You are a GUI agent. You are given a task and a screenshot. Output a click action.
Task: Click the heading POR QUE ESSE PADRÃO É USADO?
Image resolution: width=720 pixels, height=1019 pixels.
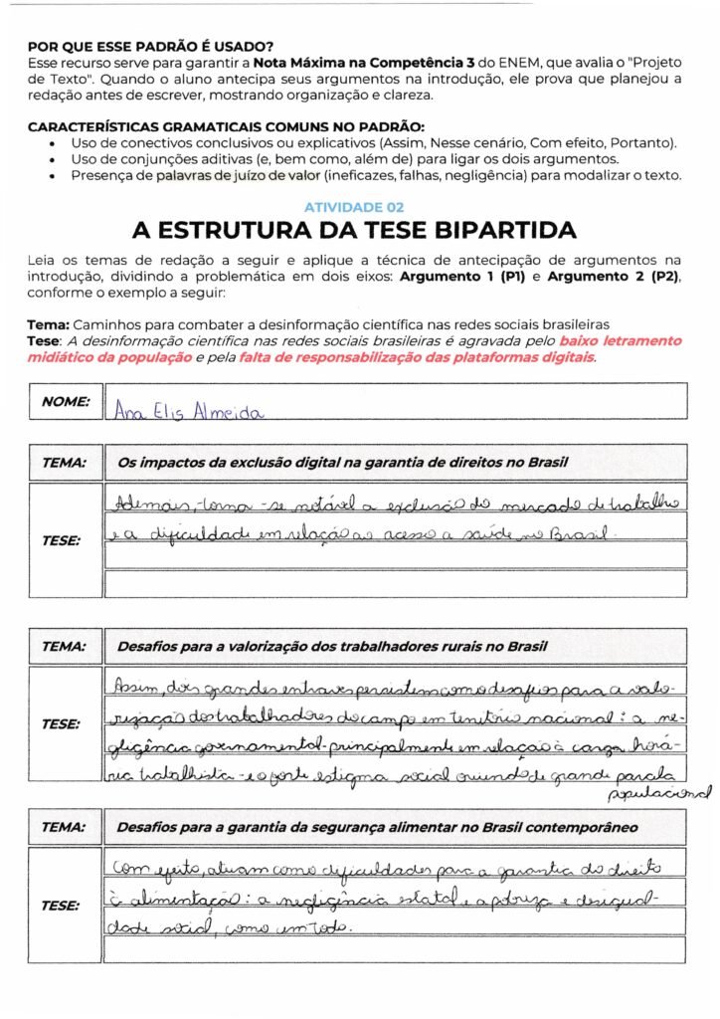[150, 46]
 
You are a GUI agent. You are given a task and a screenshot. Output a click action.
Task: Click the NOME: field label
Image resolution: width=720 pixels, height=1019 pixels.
[66, 402]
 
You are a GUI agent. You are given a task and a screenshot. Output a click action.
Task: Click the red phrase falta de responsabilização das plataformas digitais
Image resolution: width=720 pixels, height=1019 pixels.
[418, 357]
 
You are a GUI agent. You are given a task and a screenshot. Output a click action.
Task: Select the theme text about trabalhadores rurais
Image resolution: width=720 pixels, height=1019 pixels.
[332, 646]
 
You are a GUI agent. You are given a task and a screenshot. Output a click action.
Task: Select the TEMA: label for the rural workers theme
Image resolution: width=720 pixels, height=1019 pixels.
[64, 646]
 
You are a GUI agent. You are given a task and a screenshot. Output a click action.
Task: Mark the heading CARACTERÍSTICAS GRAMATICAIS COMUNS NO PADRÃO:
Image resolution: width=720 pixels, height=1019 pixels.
[226, 126]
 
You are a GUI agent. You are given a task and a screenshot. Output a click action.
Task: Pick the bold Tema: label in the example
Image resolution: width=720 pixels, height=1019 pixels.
[49, 325]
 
